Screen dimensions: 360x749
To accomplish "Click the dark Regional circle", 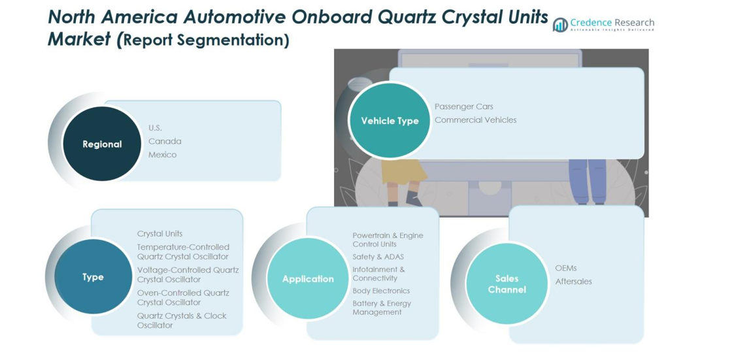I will pos(102,144).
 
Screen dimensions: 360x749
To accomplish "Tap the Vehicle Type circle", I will pos(390,120).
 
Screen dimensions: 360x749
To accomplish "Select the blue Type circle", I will pos(93,276).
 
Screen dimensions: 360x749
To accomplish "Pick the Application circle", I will pos(308,279).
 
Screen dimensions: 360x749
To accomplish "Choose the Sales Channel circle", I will pos(507,284).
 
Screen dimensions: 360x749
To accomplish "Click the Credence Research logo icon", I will pos(560,25).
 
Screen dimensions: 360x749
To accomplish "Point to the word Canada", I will pos(165,141).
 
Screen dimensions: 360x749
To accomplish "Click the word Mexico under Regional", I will pos(162,155).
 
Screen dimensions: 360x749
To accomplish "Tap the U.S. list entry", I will pos(155,127).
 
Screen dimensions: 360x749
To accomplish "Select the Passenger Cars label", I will pos(464,106).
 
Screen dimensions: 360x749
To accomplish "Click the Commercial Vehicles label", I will pos(475,120).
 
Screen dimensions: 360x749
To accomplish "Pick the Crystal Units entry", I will pos(159,233).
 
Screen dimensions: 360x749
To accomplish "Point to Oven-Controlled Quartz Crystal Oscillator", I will pos(183,297).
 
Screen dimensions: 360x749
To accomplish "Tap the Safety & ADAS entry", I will pos(378,257).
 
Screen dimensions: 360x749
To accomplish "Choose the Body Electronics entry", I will pos(381,291).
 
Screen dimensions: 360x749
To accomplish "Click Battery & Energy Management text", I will pos(382,308).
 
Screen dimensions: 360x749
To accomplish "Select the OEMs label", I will pos(566,268).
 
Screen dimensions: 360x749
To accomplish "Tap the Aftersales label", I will pos(574,282).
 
